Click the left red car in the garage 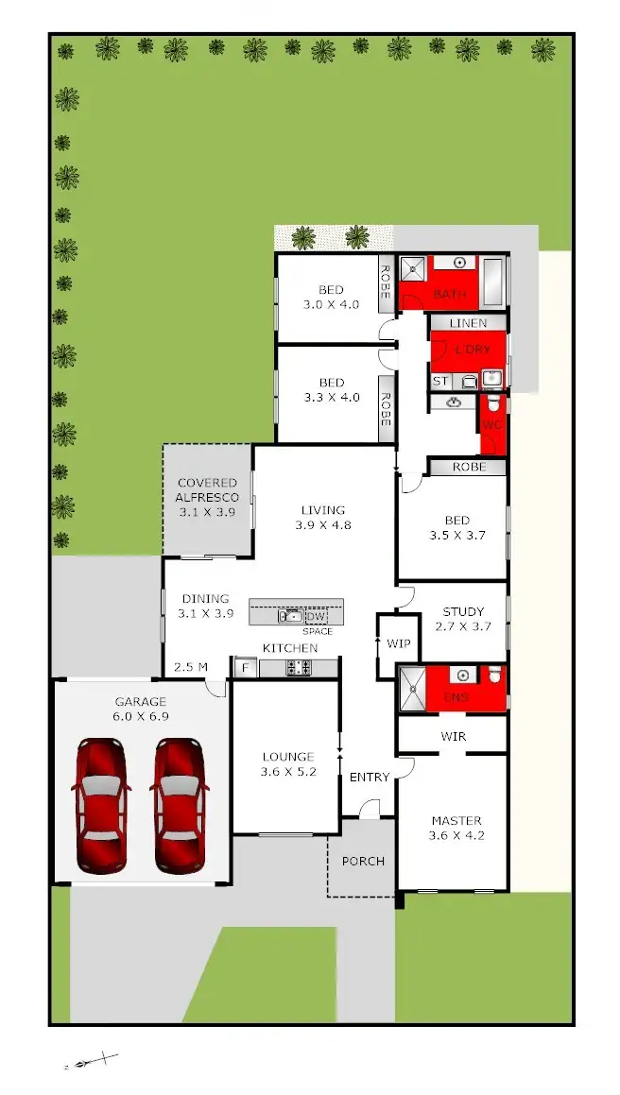pos(100,806)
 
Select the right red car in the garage pos(180,806)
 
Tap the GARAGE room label pos(141,702)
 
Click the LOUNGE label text pos(288,757)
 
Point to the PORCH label pos(363,861)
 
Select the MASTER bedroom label pos(456,821)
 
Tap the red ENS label pos(456,698)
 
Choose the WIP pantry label pos(397,642)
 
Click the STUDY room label pos(463,611)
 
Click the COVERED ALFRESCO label pos(206,490)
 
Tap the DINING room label pos(205,598)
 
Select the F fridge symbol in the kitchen pos(245,669)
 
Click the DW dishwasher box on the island pos(316,616)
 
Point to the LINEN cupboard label pos(468,323)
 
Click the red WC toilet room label pos(491,424)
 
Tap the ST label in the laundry pos(440,381)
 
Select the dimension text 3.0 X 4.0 pos(331,305)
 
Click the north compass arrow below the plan pos(91,1062)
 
